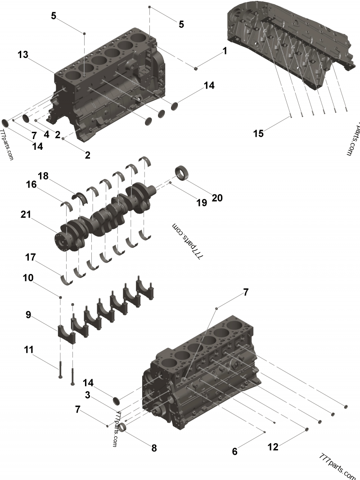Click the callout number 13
tap(23, 54)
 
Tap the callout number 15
tap(258, 133)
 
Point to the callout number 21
tap(26, 215)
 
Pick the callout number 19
tap(201, 203)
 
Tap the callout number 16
tap(31, 184)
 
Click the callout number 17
tap(30, 257)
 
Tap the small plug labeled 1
tap(196, 68)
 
